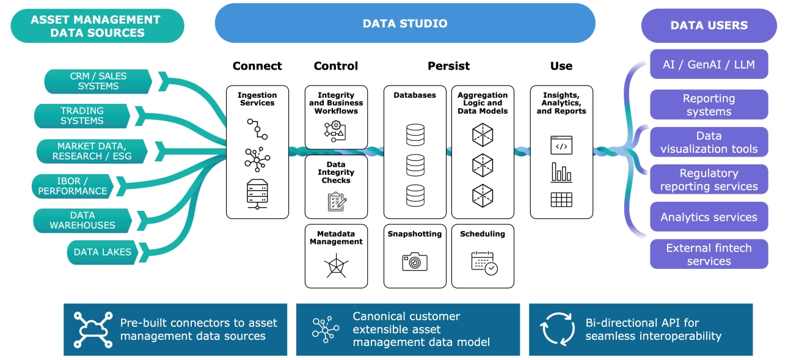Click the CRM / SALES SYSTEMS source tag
98,81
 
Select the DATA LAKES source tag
102,252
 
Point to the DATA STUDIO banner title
405,24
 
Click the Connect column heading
257,66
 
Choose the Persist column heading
448,66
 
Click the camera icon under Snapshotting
415,262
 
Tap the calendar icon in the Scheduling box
484,262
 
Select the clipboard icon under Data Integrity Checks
336,201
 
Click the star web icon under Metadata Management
336,265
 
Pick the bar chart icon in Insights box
561,172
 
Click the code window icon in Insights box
561,145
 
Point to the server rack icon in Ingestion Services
257,194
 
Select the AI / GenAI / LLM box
709,64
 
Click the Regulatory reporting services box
709,180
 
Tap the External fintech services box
709,254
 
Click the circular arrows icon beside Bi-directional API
557,329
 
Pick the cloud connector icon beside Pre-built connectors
93,329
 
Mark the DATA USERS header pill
709,26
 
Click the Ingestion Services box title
257,99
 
